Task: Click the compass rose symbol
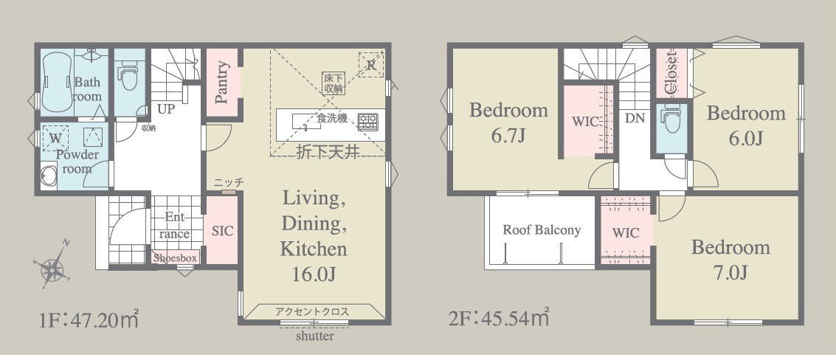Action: [x=52, y=266]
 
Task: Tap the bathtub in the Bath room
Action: [x=57, y=83]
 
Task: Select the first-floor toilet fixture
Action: [x=128, y=75]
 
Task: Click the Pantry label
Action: [x=222, y=82]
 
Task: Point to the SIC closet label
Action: [x=222, y=231]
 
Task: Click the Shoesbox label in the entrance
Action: [x=176, y=258]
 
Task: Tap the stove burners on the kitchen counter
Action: [x=368, y=122]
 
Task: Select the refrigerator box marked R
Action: [x=371, y=64]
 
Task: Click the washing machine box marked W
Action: [x=55, y=138]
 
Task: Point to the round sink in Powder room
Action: [x=49, y=176]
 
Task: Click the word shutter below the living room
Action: [x=315, y=336]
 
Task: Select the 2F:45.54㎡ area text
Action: [x=499, y=318]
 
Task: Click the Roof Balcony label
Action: [x=541, y=230]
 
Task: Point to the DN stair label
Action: [x=635, y=118]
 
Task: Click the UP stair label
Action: [x=166, y=109]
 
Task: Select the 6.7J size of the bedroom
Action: [x=508, y=136]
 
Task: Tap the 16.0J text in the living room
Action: [x=314, y=274]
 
